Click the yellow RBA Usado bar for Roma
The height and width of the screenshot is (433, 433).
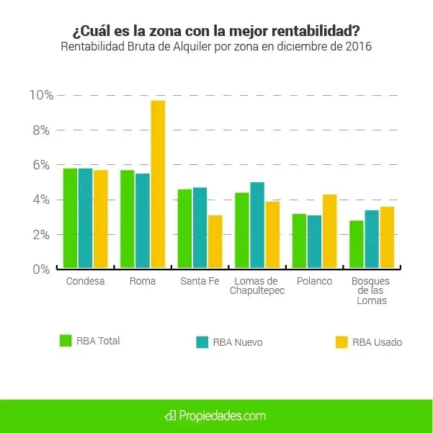[158, 184]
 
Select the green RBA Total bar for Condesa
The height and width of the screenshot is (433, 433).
[70, 218]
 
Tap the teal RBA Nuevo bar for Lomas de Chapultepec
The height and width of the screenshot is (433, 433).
[256, 225]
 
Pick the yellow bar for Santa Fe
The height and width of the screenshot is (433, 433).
[215, 241]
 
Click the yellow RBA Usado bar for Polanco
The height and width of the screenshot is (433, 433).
[330, 231]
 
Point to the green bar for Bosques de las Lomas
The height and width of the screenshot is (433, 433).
[356, 244]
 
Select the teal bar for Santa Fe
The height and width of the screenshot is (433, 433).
[200, 228]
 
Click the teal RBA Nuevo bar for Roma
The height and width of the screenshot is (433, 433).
[143, 220]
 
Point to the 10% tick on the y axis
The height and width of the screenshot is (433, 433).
[40, 95]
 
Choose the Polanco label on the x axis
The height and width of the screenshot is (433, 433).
[315, 281]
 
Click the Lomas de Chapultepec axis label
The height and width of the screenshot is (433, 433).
[257, 286]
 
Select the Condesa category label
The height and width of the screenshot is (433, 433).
[85, 281]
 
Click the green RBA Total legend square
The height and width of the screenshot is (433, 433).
[65, 341]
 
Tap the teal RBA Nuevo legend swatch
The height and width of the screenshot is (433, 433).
[202, 342]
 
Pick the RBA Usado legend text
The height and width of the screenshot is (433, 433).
[377, 342]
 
